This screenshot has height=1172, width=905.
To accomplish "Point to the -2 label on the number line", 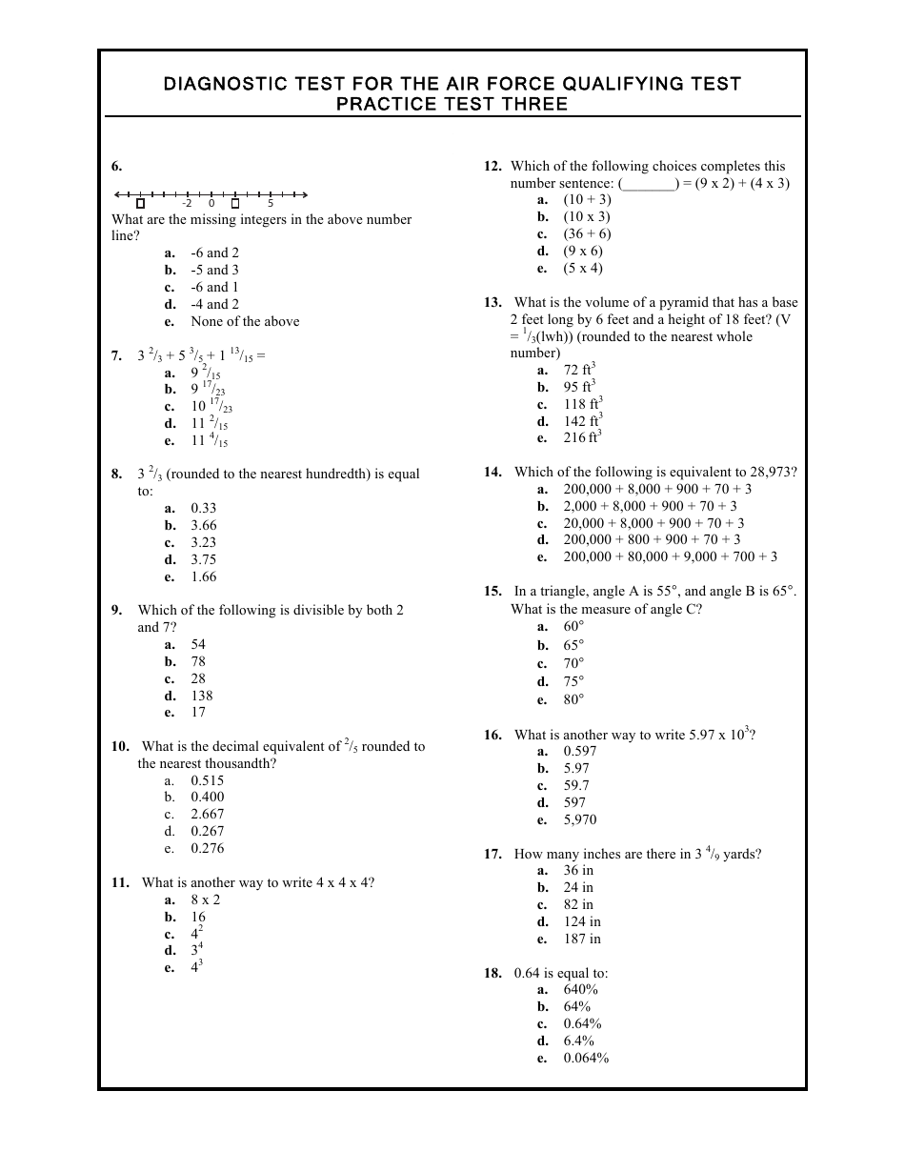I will [187, 203].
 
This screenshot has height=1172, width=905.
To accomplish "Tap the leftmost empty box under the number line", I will [140, 203].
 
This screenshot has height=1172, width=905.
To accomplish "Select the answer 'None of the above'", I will [245, 322].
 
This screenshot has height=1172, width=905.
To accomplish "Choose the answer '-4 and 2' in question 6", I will [214, 305].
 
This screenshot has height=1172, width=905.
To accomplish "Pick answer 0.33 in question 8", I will [203, 509].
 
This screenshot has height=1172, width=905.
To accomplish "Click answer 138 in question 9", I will [201, 696].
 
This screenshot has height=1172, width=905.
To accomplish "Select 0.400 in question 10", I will [207, 798].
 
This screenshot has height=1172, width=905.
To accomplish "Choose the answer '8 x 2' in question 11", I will [205, 899].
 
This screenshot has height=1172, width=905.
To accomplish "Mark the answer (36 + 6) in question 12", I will [587, 234].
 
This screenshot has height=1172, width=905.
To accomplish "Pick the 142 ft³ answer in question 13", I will [582, 421].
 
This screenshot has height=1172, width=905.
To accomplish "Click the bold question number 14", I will [493, 473].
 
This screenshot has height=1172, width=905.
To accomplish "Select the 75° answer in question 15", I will [573, 682].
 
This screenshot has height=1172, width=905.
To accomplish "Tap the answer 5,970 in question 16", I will [579, 820].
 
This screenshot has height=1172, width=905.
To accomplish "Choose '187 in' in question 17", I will [581, 940].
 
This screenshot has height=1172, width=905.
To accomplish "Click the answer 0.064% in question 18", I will [586, 1059].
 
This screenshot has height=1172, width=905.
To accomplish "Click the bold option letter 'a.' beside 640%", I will [542, 990].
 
